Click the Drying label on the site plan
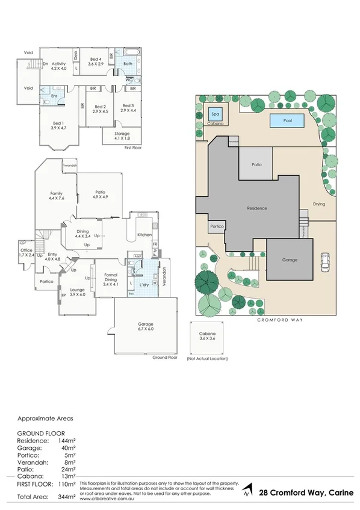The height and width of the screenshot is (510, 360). click(x=319, y=204)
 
